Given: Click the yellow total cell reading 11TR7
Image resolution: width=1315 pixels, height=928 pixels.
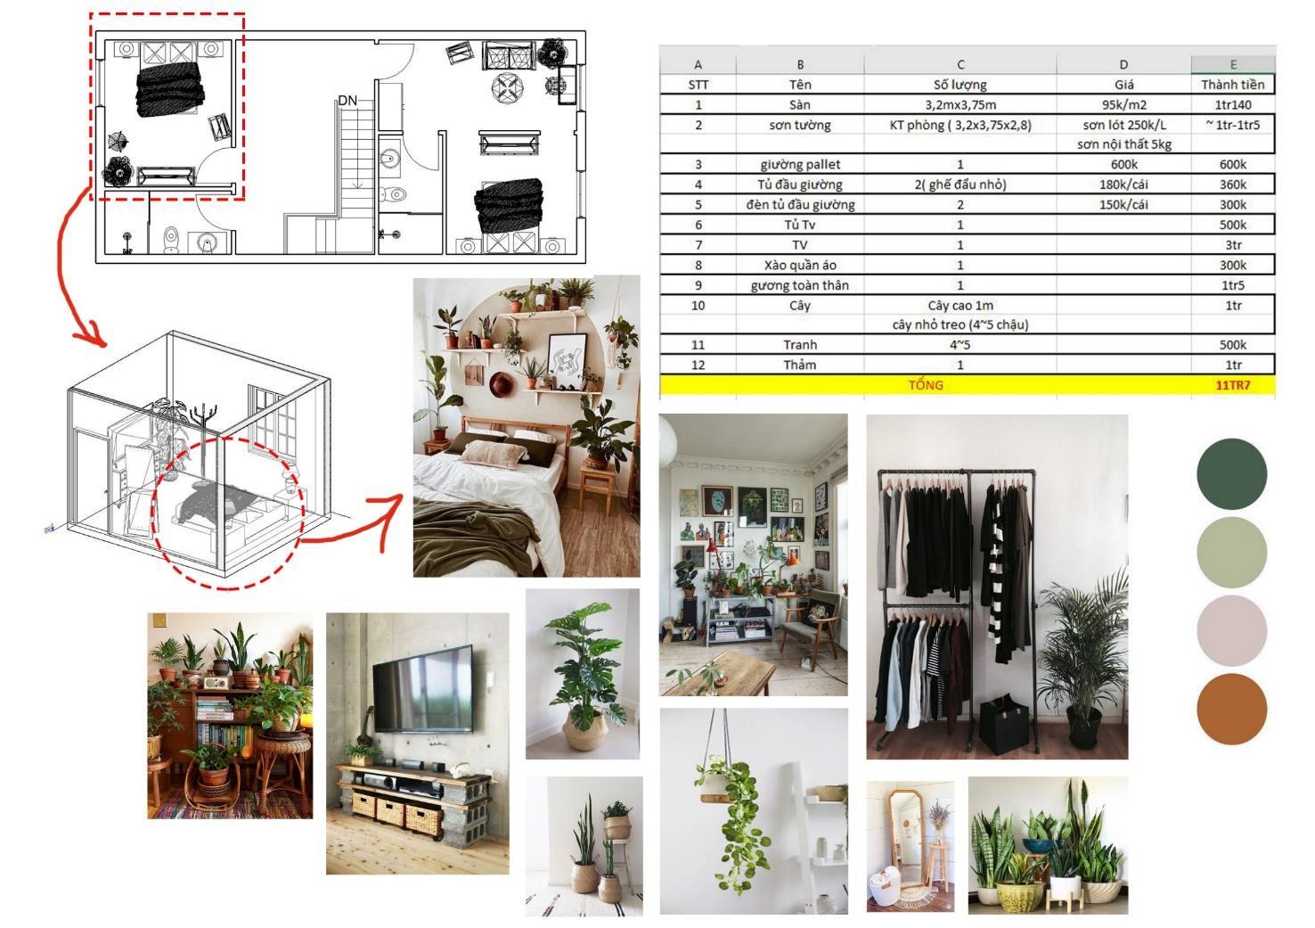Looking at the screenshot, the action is [1232, 385].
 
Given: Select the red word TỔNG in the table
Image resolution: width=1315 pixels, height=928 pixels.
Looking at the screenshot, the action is [926, 385].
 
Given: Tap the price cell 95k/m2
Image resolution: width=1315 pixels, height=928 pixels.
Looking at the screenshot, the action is [1123, 105].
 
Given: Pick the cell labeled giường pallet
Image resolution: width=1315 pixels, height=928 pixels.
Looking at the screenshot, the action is [800, 165].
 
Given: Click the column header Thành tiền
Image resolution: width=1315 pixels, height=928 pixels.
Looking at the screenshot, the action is [1232, 85].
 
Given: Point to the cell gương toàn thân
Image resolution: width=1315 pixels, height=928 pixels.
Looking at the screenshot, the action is [800, 285].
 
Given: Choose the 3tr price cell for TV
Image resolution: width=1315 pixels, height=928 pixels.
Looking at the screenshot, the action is [1232, 245].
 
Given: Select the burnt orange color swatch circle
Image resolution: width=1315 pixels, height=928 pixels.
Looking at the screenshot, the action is [1231, 710].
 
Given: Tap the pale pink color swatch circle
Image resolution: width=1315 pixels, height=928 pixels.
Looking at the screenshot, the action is [1231, 631].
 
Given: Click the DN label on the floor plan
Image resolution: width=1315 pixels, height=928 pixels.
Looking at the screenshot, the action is [347, 101].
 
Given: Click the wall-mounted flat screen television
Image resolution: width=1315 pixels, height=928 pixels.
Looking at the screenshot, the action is [422, 688].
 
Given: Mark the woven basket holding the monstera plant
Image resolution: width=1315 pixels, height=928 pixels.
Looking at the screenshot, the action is [584, 732].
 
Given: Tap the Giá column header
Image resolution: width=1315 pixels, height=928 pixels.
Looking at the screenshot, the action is [1123, 85].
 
